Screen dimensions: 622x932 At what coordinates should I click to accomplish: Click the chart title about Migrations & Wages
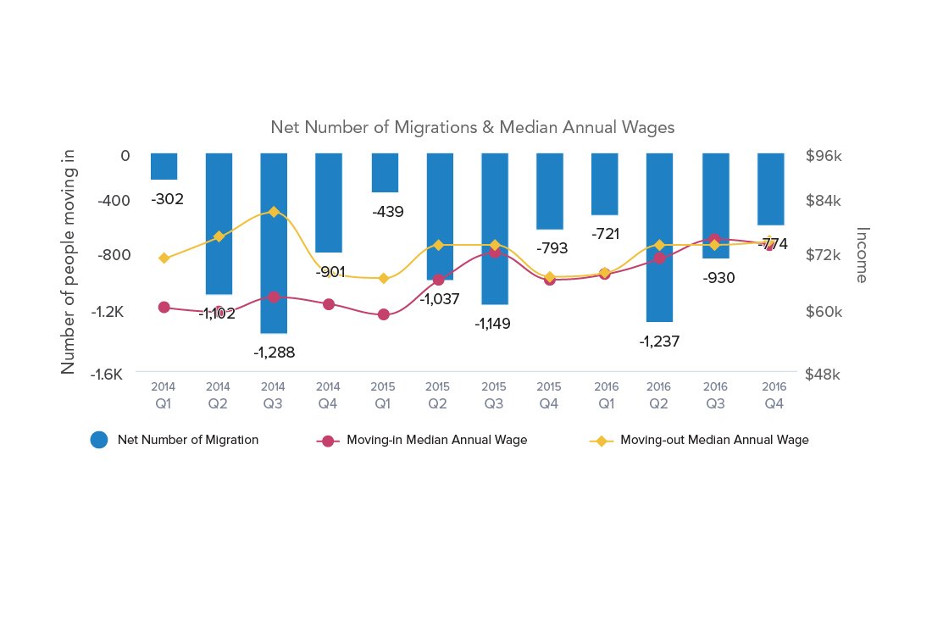[x=472, y=127]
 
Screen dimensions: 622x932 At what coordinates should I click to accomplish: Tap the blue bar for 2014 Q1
[x=164, y=166]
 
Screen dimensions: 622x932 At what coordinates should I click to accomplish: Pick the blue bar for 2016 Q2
[x=658, y=237]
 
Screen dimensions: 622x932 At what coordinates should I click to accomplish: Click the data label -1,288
[x=274, y=353]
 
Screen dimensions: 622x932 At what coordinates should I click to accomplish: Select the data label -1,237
[x=658, y=342]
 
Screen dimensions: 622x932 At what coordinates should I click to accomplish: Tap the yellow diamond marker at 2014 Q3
[x=273, y=211]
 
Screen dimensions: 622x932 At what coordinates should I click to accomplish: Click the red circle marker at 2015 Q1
[x=383, y=314]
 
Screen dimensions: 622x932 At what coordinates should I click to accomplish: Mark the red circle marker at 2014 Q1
[x=164, y=307]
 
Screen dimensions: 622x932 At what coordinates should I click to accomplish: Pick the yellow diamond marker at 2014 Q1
[x=164, y=258]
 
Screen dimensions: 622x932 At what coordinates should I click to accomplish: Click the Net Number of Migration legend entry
[x=175, y=440]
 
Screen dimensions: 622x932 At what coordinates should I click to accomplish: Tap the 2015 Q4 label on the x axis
[x=548, y=395]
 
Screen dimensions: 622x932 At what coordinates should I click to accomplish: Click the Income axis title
[x=862, y=254]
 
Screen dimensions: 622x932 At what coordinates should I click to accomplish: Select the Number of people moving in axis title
[x=69, y=260]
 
